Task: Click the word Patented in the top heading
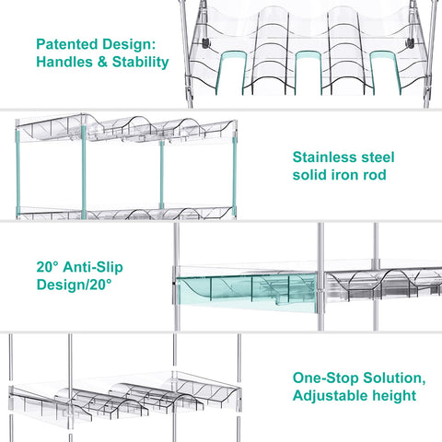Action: pyautogui.click(x=67, y=44)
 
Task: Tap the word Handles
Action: pyautogui.click(x=64, y=62)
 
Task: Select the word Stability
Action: pyautogui.click(x=140, y=63)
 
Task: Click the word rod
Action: pyautogui.click(x=375, y=175)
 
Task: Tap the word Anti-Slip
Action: pyautogui.click(x=93, y=267)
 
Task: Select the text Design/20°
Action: pyautogui.click(x=74, y=285)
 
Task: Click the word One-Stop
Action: pyautogui.click(x=325, y=378)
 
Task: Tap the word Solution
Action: pyautogui.click(x=394, y=378)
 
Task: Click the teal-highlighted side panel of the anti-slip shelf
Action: pyautogui.click(x=247, y=293)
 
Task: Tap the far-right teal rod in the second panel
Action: pyautogui.click(x=235, y=177)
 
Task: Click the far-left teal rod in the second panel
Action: pyautogui.click(x=18, y=171)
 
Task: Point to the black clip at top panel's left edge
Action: pyautogui.click(x=205, y=42)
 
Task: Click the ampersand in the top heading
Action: pyautogui.click(x=102, y=62)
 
